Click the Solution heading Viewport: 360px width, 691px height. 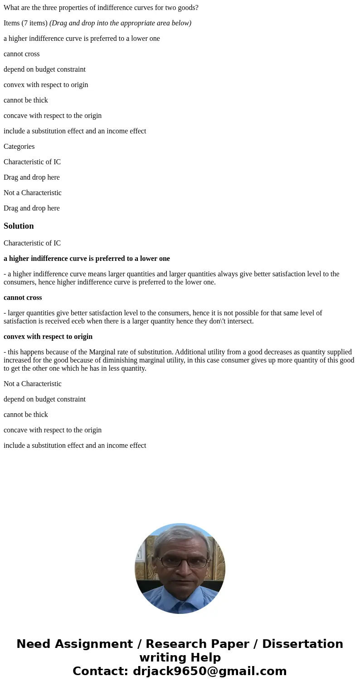coord(19,226)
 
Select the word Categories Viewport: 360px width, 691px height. coord(19,147)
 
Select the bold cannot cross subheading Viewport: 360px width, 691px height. coord(23,298)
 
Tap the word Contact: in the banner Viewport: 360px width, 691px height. coord(100,671)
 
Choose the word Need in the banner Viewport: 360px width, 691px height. coord(34,644)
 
